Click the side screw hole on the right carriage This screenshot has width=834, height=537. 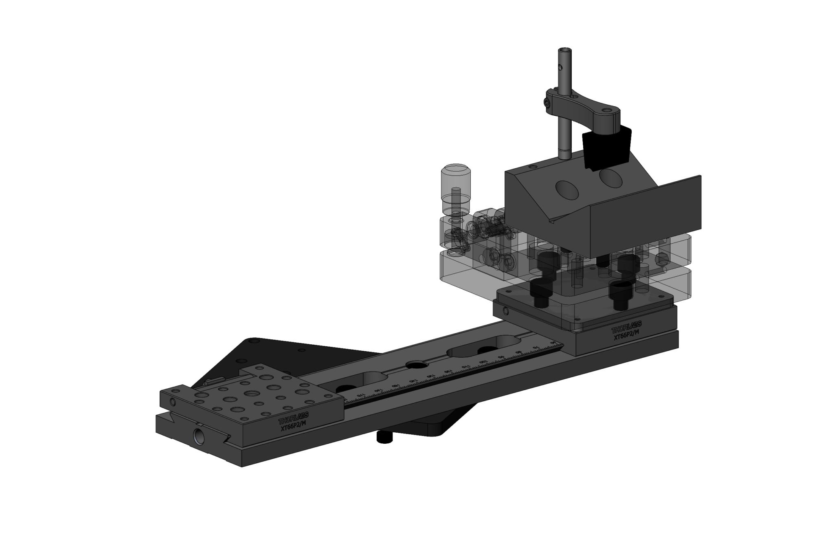(506, 312)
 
